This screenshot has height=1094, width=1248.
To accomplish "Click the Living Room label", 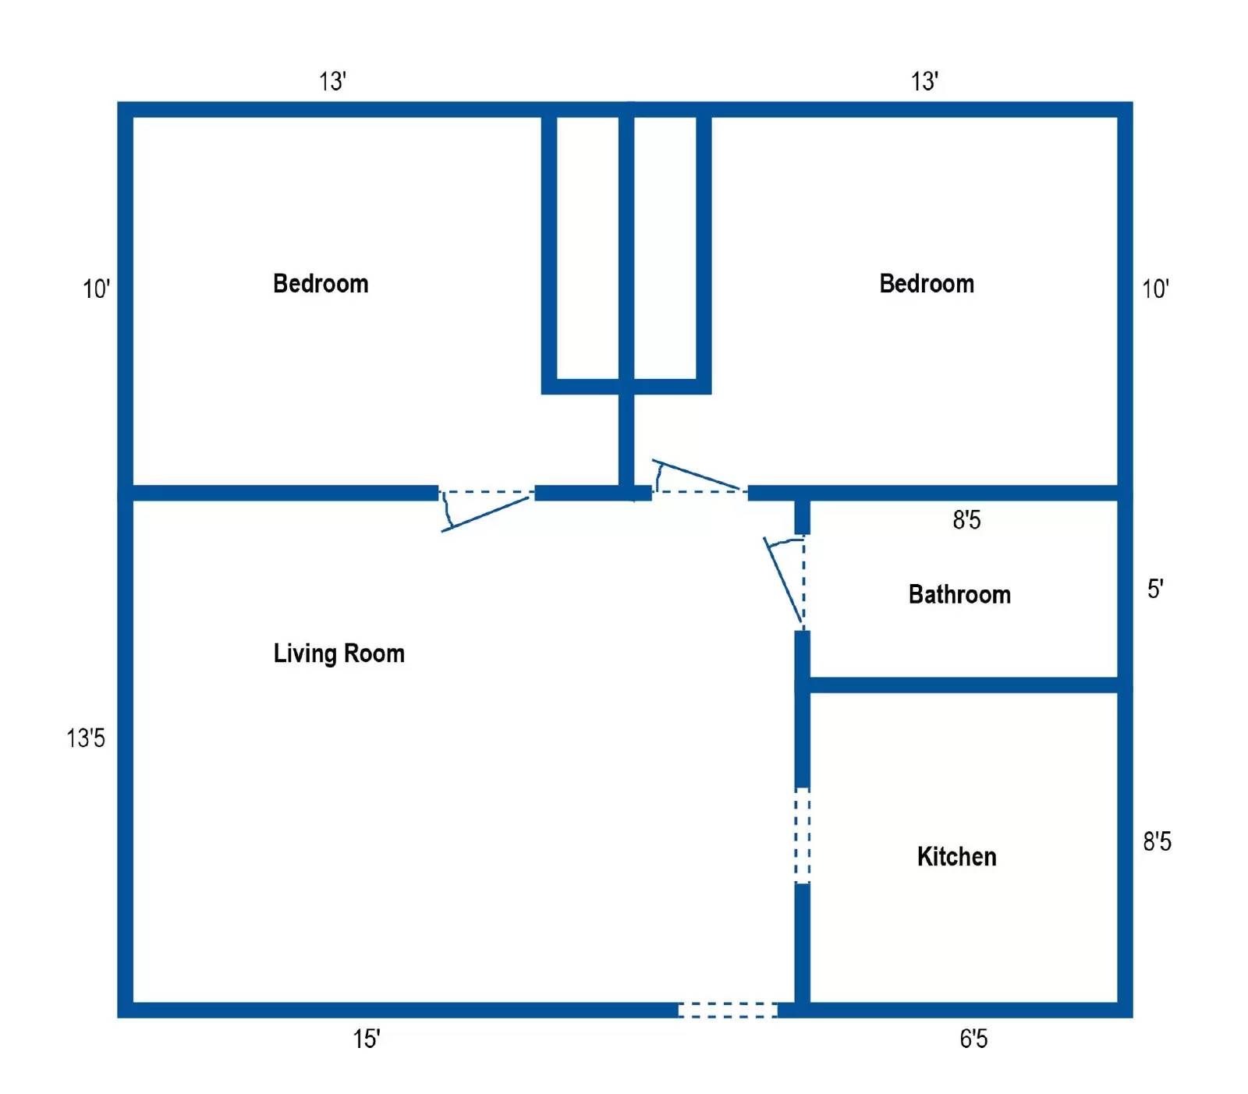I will tap(339, 653).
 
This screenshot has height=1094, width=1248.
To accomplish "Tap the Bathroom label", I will tap(959, 595).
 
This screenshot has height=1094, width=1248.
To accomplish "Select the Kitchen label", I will tap(956, 857).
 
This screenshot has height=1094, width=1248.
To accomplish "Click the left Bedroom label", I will tap(321, 284).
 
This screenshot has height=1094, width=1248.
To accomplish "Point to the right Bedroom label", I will tap(927, 284).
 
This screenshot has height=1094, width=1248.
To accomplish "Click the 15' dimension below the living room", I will tap(366, 1039).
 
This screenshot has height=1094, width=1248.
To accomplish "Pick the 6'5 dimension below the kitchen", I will tap(973, 1039).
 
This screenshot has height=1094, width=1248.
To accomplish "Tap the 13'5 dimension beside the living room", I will tap(86, 738).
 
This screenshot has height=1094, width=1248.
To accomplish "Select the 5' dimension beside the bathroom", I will tap(1155, 589).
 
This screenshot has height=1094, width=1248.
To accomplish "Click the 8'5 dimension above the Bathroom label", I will tap(966, 520).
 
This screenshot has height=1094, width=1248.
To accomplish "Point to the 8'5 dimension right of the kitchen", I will tap(1158, 842).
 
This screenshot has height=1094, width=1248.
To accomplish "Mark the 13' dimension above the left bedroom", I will tap(332, 81).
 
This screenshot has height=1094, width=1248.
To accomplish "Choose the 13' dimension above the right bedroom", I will tap(924, 81).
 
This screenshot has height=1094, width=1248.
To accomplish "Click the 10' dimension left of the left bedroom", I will tap(96, 289).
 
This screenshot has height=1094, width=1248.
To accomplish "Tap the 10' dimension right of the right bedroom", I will tap(1155, 289).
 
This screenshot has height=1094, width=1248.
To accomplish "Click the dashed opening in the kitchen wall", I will tap(802, 835).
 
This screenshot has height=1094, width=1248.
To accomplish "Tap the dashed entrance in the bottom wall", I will tap(727, 1011).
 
